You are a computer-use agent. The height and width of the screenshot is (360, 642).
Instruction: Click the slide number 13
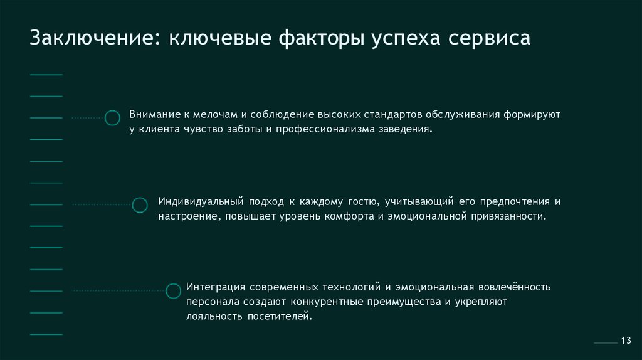tap(625, 340)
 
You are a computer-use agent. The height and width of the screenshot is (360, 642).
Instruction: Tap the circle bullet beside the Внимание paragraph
tap(112, 118)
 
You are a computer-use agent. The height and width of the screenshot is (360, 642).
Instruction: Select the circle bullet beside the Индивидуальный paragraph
tap(140, 204)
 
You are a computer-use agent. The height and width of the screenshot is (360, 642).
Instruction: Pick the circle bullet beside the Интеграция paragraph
tap(173, 290)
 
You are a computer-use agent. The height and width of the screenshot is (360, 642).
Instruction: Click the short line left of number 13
tap(605, 343)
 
